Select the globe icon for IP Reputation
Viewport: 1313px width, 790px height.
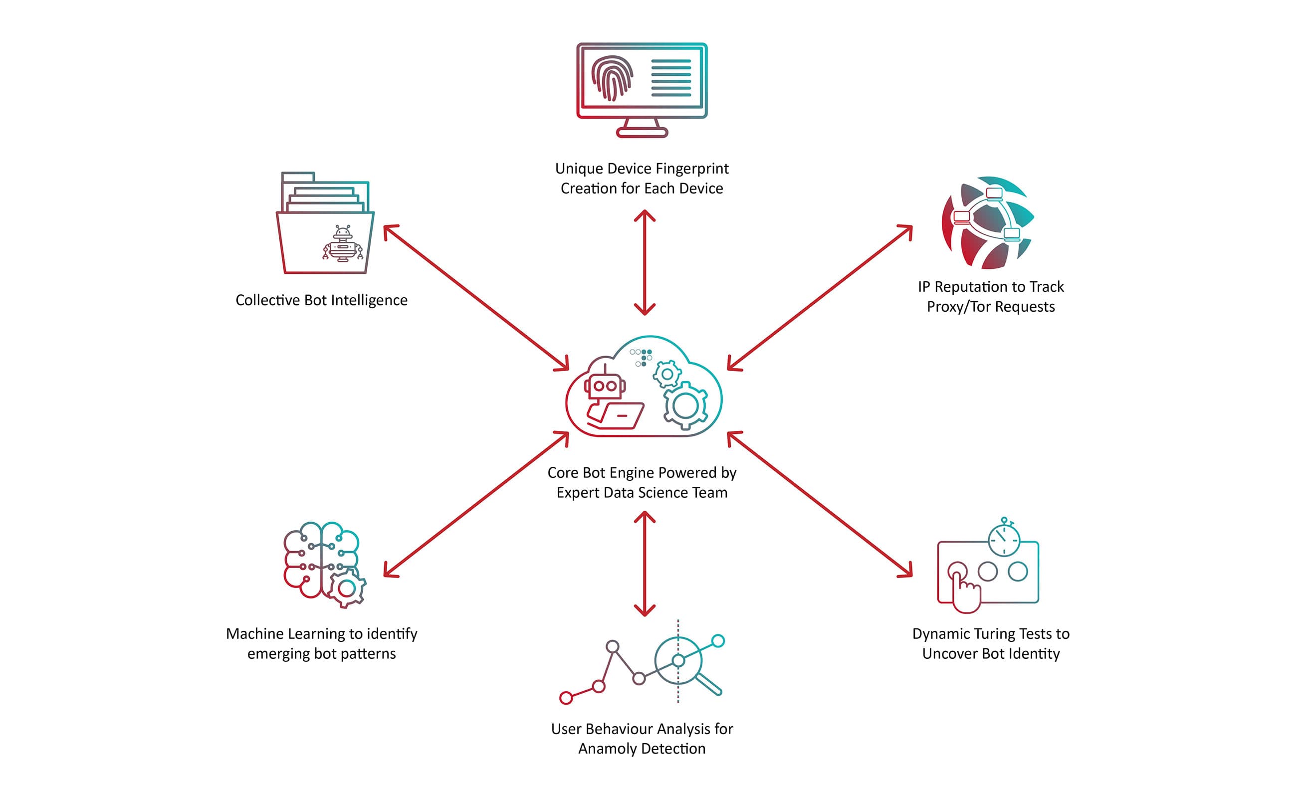click(988, 222)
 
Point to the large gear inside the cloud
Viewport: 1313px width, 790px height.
click(685, 405)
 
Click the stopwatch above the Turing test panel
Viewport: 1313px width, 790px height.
click(1004, 539)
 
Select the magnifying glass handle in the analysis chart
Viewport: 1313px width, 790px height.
click(709, 684)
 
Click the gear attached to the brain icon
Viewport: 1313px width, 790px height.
click(347, 588)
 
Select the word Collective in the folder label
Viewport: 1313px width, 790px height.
click(268, 300)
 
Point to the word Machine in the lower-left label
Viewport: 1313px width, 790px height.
click(255, 634)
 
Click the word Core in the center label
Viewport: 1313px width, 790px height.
click(563, 473)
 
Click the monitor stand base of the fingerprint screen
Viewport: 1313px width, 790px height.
click(642, 133)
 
